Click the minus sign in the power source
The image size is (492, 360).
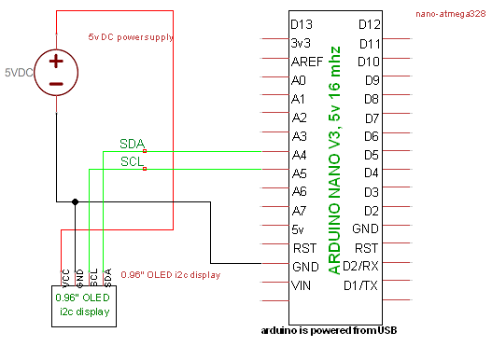pyautogui.click(x=56, y=84)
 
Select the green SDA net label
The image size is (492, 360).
pyautogui.click(x=132, y=143)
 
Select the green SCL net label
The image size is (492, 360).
pyautogui.click(x=132, y=162)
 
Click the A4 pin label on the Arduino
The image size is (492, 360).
pyautogui.click(x=299, y=154)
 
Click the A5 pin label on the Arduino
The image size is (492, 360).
pyautogui.click(x=299, y=173)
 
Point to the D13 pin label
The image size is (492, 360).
pyautogui.click(x=302, y=24)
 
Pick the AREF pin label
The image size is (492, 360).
pyautogui.click(x=306, y=62)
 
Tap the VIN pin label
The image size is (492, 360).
pyautogui.click(x=301, y=284)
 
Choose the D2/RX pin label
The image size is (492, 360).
pyautogui.click(x=360, y=266)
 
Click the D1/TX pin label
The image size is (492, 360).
pyautogui.click(x=360, y=284)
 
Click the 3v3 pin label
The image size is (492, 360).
pyautogui.click(x=301, y=43)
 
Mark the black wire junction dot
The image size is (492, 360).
pyautogui.click(x=76, y=200)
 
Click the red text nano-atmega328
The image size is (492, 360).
pyautogui.click(x=451, y=14)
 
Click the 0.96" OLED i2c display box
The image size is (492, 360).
pyautogui.click(x=84, y=305)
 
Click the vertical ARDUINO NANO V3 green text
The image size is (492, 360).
pyautogui.click(x=334, y=159)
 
